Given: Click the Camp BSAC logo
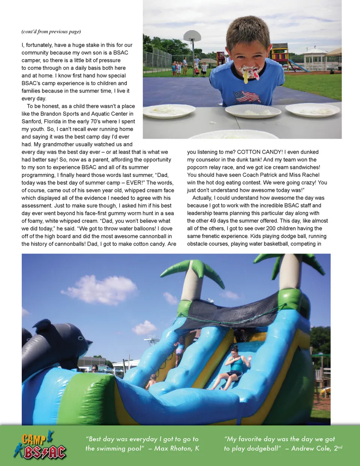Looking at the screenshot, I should click(x=40, y=445).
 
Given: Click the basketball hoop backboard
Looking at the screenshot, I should click(x=192, y=36).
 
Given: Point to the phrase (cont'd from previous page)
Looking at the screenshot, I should click(x=51, y=31).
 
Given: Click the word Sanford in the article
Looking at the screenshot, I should click(x=31, y=121).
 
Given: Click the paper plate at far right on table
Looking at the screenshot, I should click(x=312, y=110).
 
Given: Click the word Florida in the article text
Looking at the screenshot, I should click(x=56, y=121).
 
